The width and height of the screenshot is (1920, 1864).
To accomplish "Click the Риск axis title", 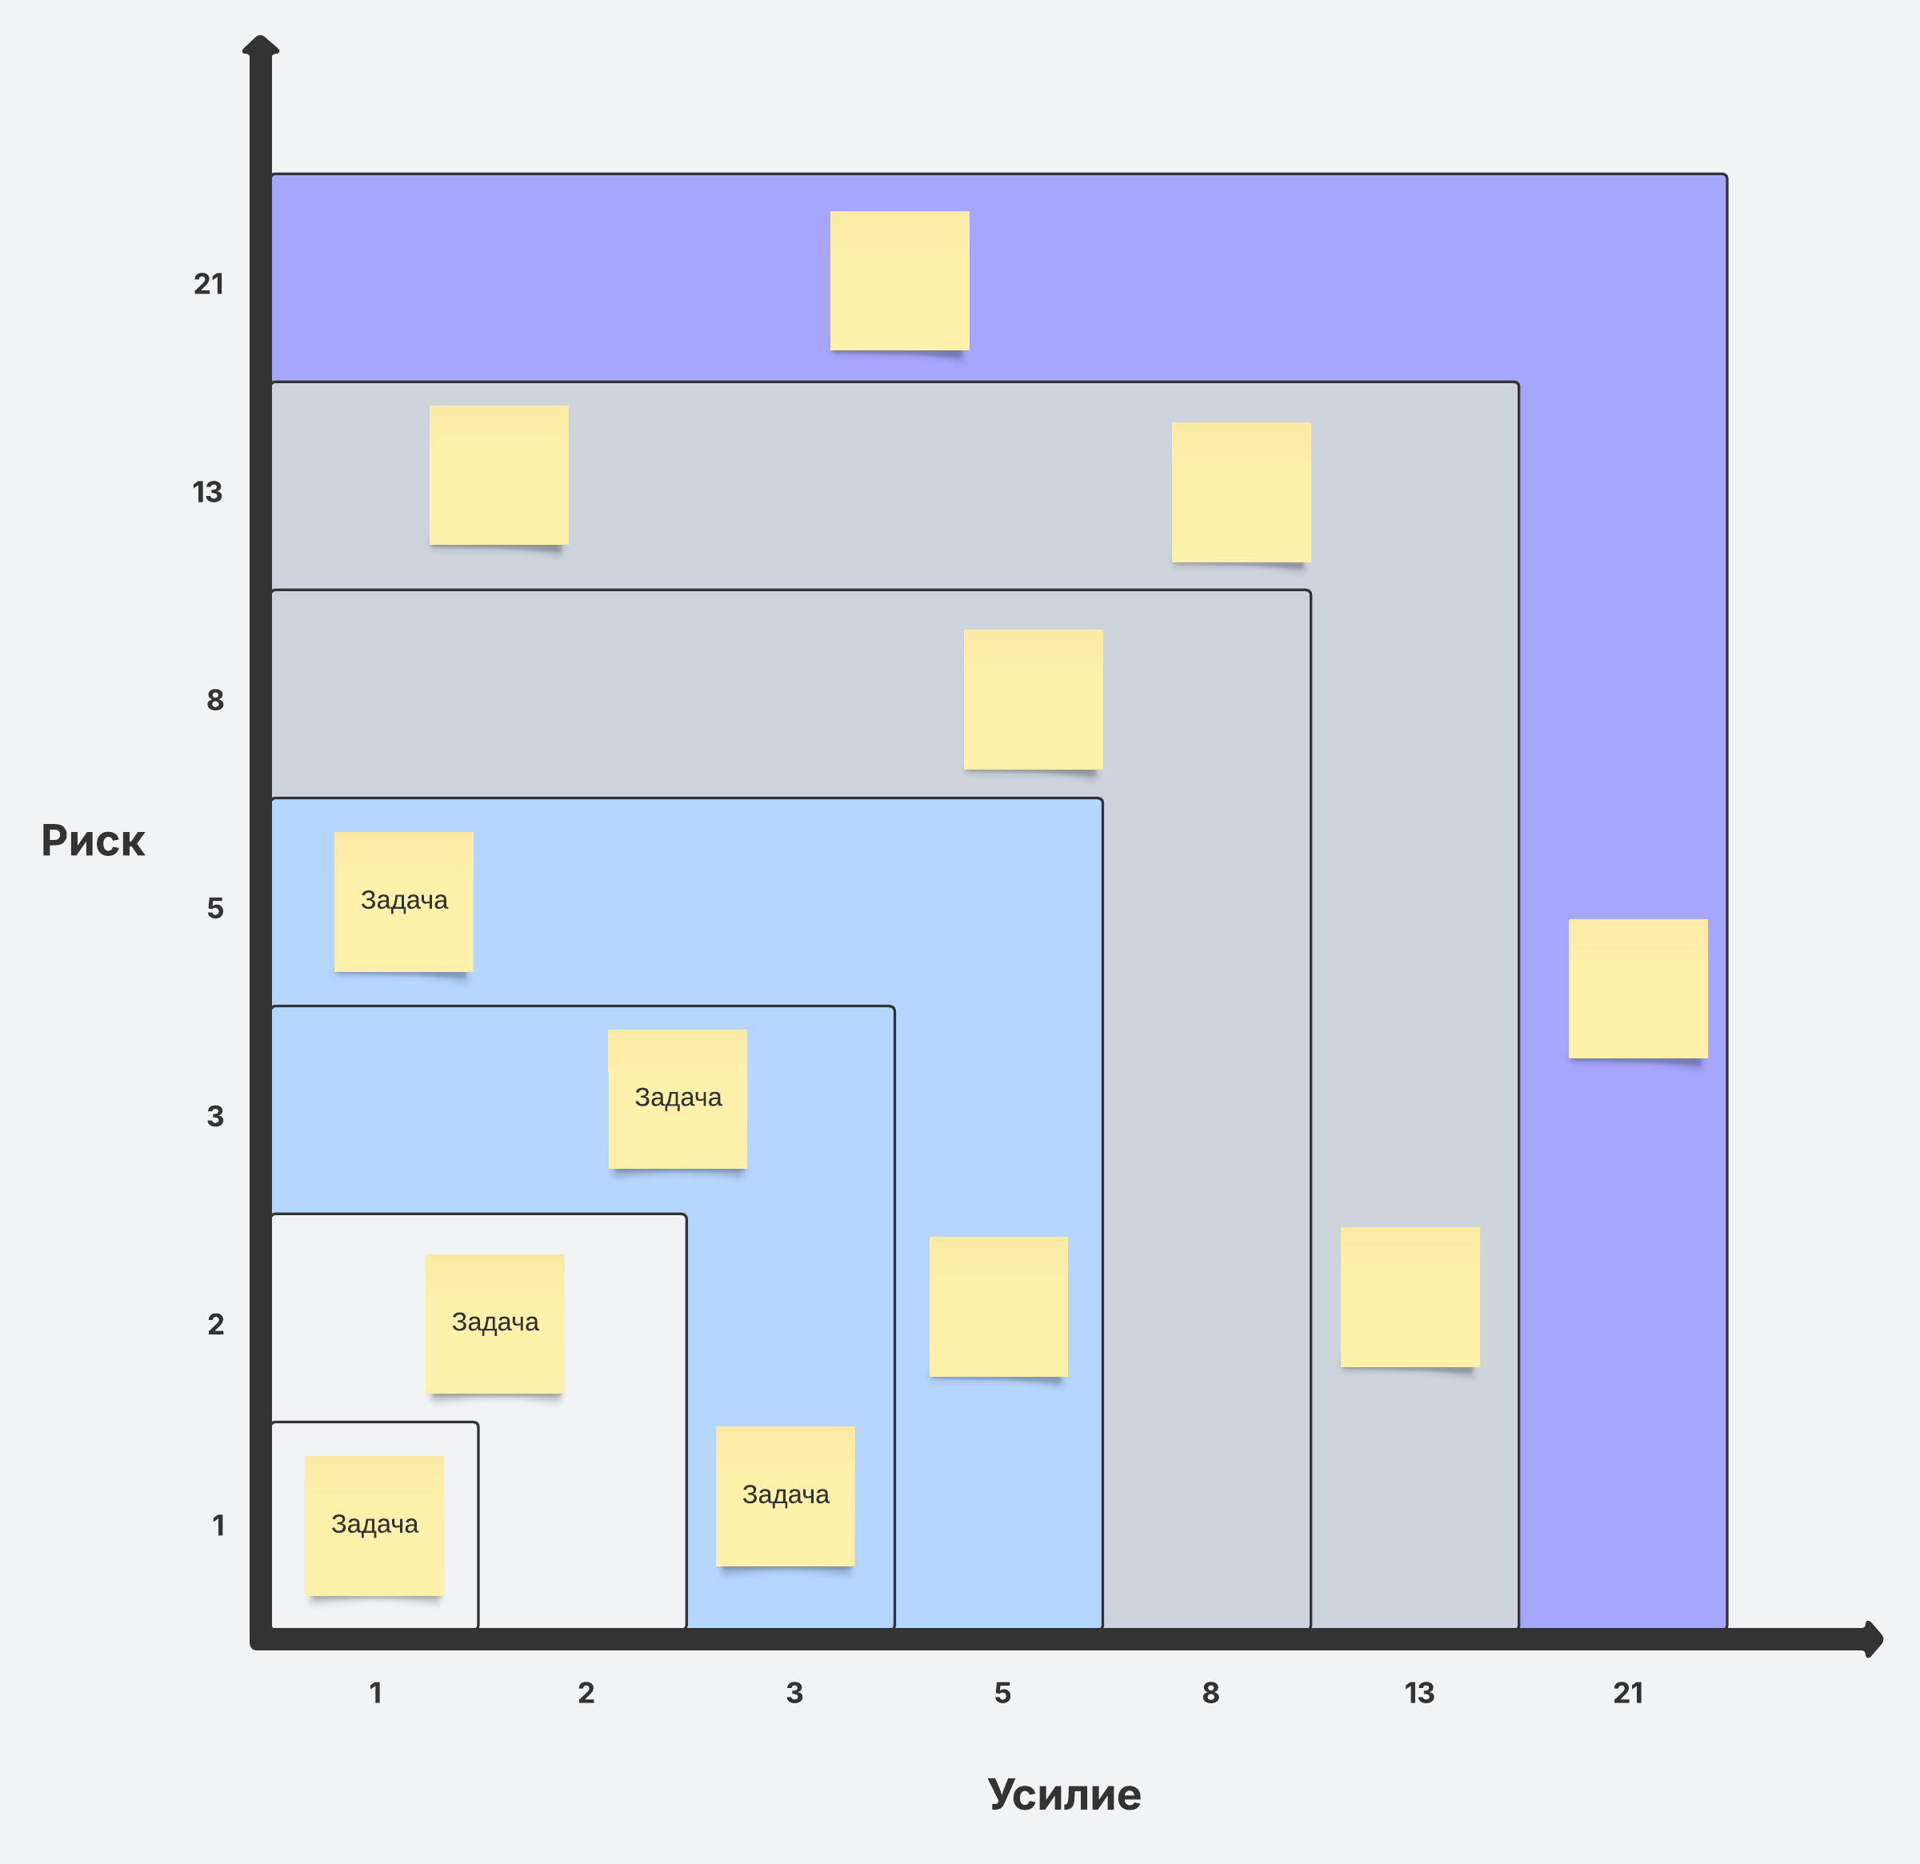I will tap(93, 841).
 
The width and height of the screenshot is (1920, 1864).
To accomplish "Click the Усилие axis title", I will tap(1064, 1794).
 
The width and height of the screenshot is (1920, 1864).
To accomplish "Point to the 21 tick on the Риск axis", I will tap(209, 284).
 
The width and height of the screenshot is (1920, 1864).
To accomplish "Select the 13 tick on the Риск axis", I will tap(208, 492).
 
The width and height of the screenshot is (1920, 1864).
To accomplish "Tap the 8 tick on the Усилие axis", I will tap(1210, 1693).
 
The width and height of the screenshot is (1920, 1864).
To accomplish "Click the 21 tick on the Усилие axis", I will tap(1628, 1693).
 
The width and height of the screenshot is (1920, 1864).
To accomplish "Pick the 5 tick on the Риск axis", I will tap(215, 908).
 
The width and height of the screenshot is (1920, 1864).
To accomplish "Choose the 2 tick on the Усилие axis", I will tap(586, 1693).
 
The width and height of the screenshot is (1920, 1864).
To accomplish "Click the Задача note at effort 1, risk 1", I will tap(374, 1525).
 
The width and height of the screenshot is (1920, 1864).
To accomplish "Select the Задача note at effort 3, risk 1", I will tap(786, 1496).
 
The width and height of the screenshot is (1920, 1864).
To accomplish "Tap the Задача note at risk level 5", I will tap(403, 901).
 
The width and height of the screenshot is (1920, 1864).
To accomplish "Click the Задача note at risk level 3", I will tap(678, 1098).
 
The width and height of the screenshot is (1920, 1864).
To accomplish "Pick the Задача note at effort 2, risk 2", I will tap(494, 1323).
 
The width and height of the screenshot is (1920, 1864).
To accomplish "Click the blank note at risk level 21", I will tap(899, 280).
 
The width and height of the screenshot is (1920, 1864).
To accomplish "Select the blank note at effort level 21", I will tap(1638, 988).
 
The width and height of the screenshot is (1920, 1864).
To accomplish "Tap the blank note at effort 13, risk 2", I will tap(1410, 1297).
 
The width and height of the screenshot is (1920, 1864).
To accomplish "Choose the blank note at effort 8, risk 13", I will tap(1241, 492).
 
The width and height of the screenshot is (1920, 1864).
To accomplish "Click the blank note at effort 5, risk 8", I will tap(1033, 699).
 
